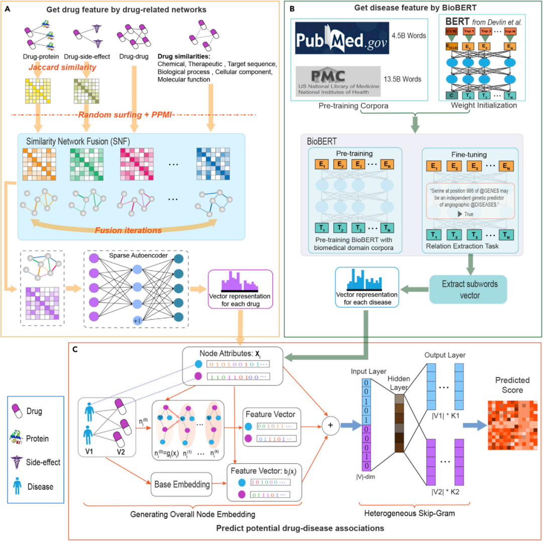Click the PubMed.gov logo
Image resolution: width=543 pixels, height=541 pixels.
[341, 37]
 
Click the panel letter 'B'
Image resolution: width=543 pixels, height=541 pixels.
[292, 7]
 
